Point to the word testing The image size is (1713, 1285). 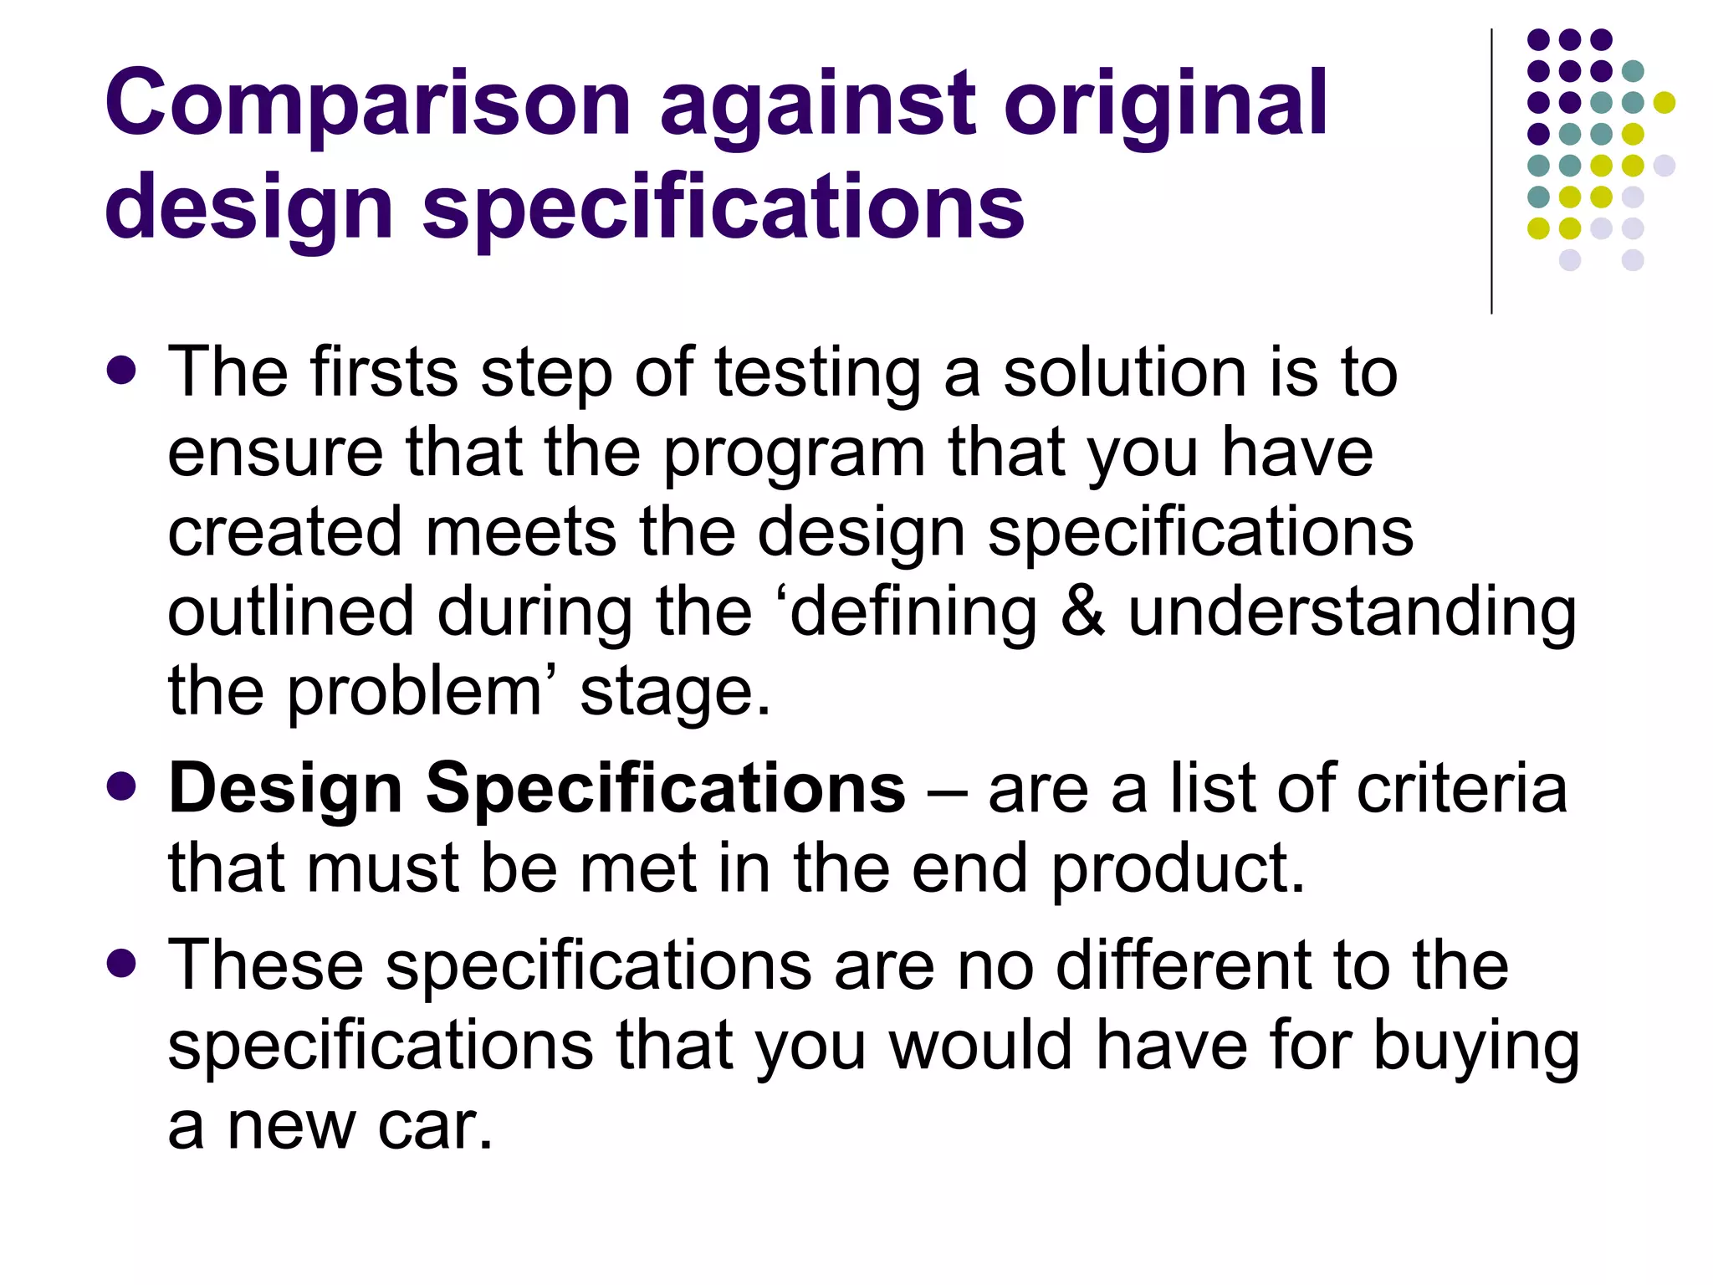817,373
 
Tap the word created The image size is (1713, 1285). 284,532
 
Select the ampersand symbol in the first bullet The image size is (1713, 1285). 1082,612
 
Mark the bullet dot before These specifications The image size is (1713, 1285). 122,964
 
